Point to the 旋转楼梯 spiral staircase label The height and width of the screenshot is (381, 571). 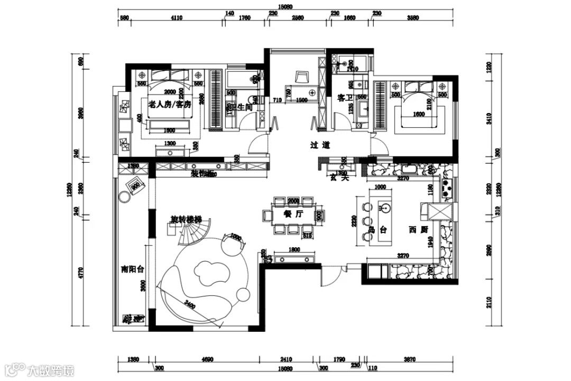point(186,219)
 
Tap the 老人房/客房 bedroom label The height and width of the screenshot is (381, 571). point(169,105)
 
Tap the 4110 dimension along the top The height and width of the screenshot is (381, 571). point(177,17)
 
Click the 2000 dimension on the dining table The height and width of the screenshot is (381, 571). point(293,201)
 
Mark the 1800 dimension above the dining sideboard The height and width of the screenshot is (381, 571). point(294,250)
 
